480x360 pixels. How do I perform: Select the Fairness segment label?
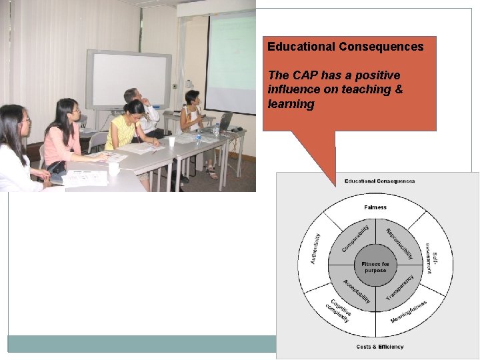[x=375, y=207]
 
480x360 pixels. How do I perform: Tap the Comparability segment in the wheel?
[x=356, y=239]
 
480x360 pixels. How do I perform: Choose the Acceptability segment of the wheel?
[x=356, y=291]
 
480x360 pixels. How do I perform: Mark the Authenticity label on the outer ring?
[x=315, y=248]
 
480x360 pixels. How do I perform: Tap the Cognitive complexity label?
[x=341, y=311]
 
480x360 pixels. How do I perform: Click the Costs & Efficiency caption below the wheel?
[x=379, y=347]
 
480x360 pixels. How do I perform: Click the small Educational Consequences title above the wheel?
[x=379, y=181]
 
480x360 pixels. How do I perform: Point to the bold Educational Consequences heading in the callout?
[x=345, y=47]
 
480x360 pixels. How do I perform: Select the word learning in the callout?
[x=291, y=104]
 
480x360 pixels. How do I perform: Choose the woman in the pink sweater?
[x=64, y=137]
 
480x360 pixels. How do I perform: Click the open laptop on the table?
[x=225, y=122]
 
